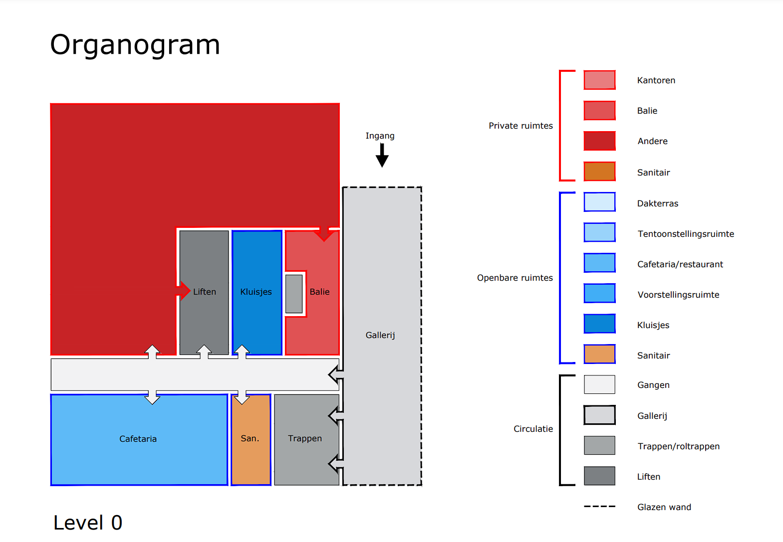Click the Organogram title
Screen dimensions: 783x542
135,45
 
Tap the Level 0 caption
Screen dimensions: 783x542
88,523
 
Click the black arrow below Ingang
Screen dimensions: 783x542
382,156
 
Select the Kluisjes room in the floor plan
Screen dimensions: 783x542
257,293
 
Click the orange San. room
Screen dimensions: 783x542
251,440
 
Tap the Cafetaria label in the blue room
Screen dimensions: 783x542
138,439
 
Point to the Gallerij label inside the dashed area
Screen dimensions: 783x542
380,335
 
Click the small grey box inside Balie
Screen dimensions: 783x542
294,294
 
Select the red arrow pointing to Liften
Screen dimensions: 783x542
183,291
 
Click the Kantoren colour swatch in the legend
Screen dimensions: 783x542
599,80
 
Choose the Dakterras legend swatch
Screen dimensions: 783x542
599,202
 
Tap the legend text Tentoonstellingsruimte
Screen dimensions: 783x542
686,234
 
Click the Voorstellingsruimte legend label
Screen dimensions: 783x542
678,295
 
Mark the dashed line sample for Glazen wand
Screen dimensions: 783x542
599,507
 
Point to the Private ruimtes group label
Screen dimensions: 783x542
521,126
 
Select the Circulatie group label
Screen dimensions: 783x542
533,429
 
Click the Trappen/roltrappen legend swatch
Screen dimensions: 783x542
599,445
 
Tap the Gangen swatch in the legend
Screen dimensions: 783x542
599,384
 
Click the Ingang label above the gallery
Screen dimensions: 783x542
380,136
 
